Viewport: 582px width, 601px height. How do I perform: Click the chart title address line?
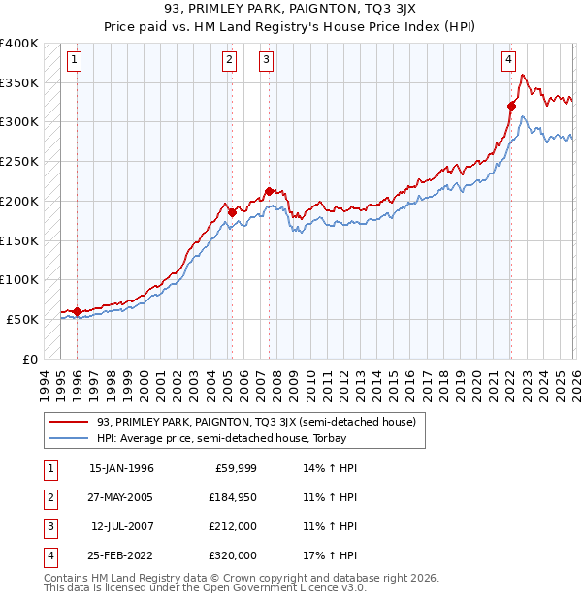pyautogui.click(x=290, y=10)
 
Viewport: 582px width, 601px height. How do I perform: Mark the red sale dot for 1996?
pyautogui.click(x=77, y=311)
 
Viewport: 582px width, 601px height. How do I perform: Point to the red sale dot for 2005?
pyautogui.click(x=232, y=212)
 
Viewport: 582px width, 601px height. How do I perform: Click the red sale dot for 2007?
pyautogui.click(x=269, y=191)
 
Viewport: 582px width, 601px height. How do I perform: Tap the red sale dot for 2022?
pyautogui.click(x=511, y=106)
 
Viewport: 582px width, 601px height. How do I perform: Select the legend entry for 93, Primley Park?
pyautogui.click(x=256, y=422)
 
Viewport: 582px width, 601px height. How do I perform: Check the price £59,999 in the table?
pyautogui.click(x=235, y=467)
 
